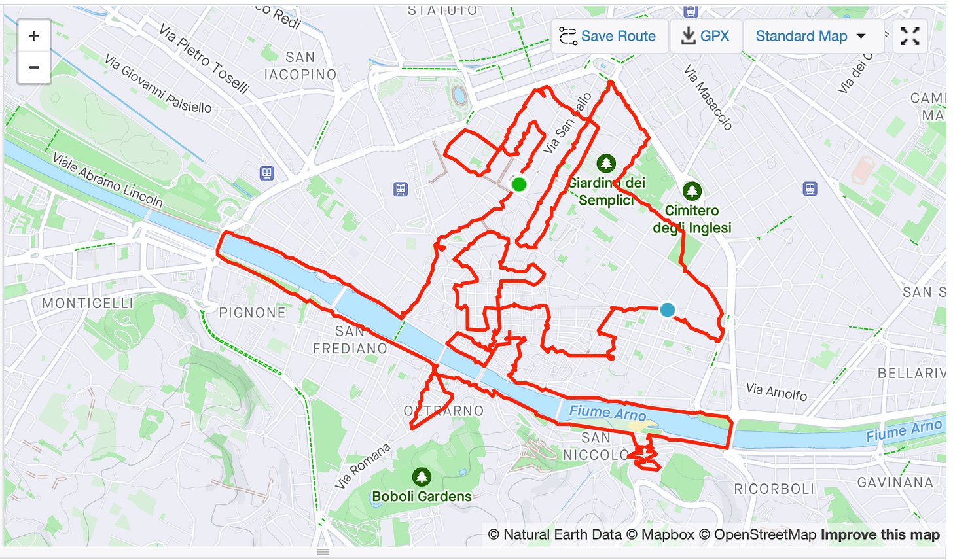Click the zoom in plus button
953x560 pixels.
point(34,37)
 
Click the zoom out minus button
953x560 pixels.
point(34,67)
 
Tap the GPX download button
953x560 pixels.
point(705,36)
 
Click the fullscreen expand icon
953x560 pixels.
point(910,36)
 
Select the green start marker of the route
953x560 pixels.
point(519,184)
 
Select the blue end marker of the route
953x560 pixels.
point(667,310)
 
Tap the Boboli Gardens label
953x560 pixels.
point(422,497)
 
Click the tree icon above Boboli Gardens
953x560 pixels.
point(422,476)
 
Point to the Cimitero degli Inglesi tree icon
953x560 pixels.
point(692,191)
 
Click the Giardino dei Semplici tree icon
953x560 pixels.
point(606,163)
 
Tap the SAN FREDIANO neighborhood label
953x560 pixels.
point(350,340)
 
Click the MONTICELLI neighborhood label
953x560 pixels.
point(88,303)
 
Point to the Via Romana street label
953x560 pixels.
point(363,466)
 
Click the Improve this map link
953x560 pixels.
point(880,535)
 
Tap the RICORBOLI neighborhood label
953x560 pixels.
point(774,489)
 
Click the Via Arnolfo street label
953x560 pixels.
point(777,392)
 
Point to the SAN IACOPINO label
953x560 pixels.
point(300,66)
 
